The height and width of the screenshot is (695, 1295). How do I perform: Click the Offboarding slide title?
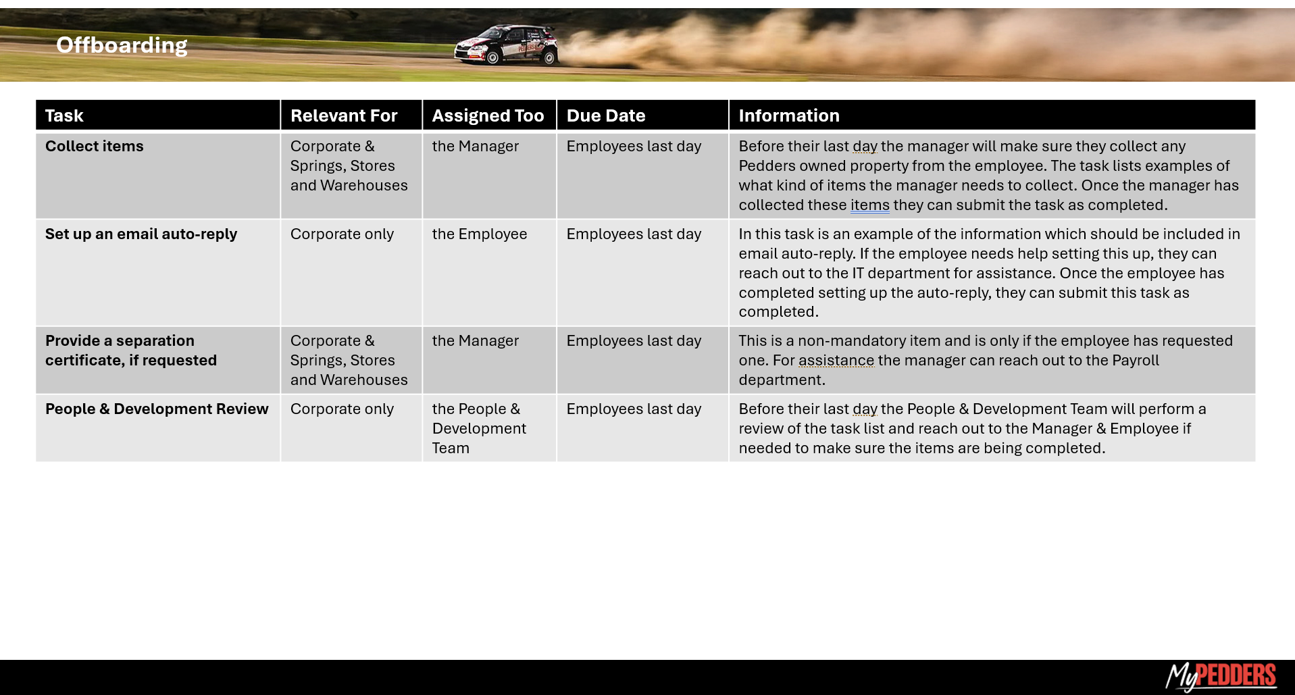[x=122, y=45]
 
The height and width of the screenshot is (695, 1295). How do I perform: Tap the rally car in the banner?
[x=507, y=45]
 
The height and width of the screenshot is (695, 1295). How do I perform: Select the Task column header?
[x=64, y=115]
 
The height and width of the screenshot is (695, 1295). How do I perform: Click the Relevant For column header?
[x=344, y=115]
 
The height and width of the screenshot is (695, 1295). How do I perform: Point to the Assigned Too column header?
[x=488, y=115]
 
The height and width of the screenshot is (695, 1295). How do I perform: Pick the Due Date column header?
[x=606, y=115]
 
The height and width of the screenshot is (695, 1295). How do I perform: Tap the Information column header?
[x=789, y=115]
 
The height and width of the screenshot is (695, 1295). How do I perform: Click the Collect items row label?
[x=95, y=146]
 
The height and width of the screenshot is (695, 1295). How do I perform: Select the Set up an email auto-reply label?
[x=141, y=234]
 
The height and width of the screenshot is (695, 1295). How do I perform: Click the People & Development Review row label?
[x=157, y=409]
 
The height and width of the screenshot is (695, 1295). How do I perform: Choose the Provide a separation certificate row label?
[x=131, y=351]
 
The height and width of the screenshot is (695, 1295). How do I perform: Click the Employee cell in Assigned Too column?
[x=480, y=234]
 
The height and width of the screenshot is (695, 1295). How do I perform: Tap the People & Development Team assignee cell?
[x=479, y=428]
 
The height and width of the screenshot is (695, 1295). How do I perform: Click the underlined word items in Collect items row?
[x=870, y=205]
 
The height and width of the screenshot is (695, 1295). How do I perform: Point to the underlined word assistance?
[x=836, y=360]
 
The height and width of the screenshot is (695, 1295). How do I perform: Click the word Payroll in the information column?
[x=1136, y=360]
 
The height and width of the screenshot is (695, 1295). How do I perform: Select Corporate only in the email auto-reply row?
[x=342, y=234]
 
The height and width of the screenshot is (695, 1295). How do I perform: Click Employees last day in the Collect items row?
[x=634, y=146]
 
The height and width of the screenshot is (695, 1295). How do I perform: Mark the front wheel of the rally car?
[x=492, y=58]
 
